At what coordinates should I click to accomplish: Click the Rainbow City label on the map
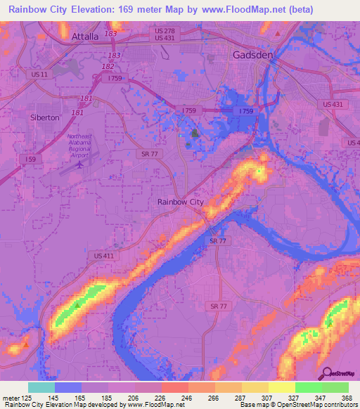(180, 202)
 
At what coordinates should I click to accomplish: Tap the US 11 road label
(39, 74)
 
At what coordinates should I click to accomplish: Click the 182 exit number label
(108, 66)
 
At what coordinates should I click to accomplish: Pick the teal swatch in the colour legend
(41, 387)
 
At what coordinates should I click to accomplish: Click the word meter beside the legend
(11, 397)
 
